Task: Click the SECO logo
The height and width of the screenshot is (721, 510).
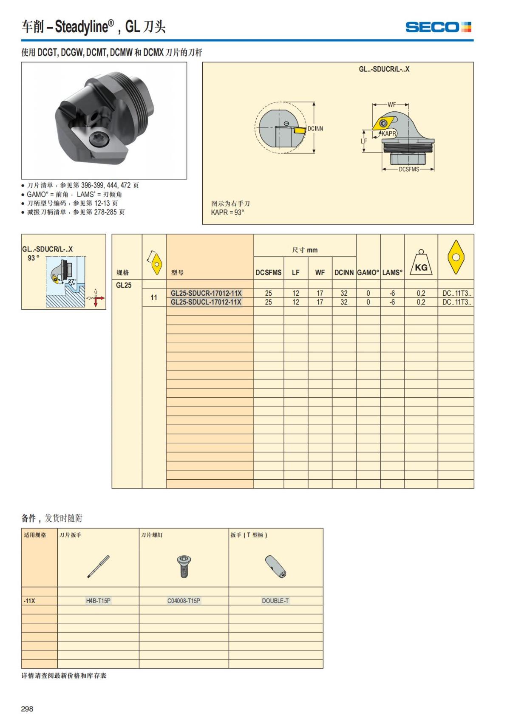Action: (x=438, y=27)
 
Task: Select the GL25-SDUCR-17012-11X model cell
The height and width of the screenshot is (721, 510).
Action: (x=206, y=293)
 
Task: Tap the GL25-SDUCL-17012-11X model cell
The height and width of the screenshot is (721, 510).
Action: (x=206, y=302)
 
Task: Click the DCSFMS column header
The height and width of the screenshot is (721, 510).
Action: (x=268, y=273)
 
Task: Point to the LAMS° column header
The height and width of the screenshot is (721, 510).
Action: (x=392, y=273)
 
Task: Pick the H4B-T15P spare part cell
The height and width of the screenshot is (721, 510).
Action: (x=98, y=601)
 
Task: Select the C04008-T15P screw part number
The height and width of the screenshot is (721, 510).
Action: (x=184, y=601)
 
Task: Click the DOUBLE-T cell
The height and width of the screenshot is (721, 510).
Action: (x=275, y=601)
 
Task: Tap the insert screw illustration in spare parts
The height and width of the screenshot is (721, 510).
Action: (x=184, y=566)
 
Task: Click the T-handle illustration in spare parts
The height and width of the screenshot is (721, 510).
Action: (x=275, y=566)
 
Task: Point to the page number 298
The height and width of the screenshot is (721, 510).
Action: (x=27, y=709)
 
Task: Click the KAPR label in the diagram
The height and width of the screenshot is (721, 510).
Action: (x=388, y=133)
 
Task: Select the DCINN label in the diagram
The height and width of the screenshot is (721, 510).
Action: (x=315, y=129)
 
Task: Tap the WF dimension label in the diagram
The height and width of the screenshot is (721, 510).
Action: (x=391, y=105)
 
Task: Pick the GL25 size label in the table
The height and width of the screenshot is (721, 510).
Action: (x=124, y=285)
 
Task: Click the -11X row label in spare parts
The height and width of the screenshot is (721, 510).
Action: (x=30, y=601)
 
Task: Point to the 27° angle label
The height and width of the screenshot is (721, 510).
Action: (x=71, y=281)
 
